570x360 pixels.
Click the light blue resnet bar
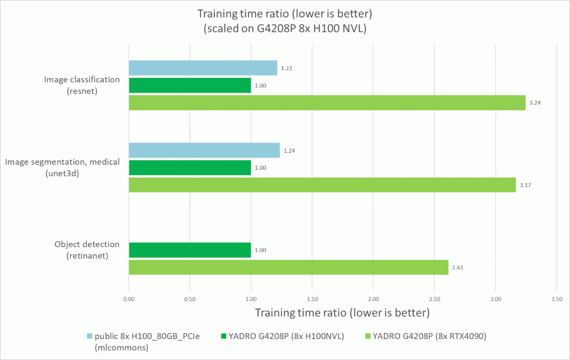pyautogui.click(x=203, y=68)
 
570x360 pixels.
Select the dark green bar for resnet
pyautogui.click(x=190, y=85)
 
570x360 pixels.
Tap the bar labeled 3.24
pyautogui.click(x=327, y=103)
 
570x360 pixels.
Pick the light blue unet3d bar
pyautogui.click(x=204, y=150)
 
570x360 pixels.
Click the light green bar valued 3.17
pyautogui.click(x=322, y=185)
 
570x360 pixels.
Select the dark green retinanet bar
pyautogui.click(x=190, y=250)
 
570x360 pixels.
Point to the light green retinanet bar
pyautogui.click(x=288, y=267)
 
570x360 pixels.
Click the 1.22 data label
pyautogui.click(x=286, y=68)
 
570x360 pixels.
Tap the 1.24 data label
pyautogui.click(x=289, y=151)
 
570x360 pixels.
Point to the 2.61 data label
pyautogui.click(x=457, y=268)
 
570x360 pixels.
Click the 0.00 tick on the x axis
pyautogui.click(x=129, y=299)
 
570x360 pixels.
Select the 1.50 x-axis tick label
pyautogui.click(x=312, y=299)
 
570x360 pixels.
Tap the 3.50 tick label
pyautogui.click(x=556, y=299)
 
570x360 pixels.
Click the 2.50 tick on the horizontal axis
pyautogui.click(x=434, y=299)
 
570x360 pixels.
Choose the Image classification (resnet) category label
pyautogui.click(x=82, y=85)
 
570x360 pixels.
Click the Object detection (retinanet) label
pyautogui.click(x=87, y=250)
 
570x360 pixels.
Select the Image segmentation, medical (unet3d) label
pyautogui.click(x=62, y=167)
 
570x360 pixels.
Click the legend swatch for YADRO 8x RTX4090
pyautogui.click(x=368, y=336)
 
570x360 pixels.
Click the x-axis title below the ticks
pyautogui.click(x=342, y=313)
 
